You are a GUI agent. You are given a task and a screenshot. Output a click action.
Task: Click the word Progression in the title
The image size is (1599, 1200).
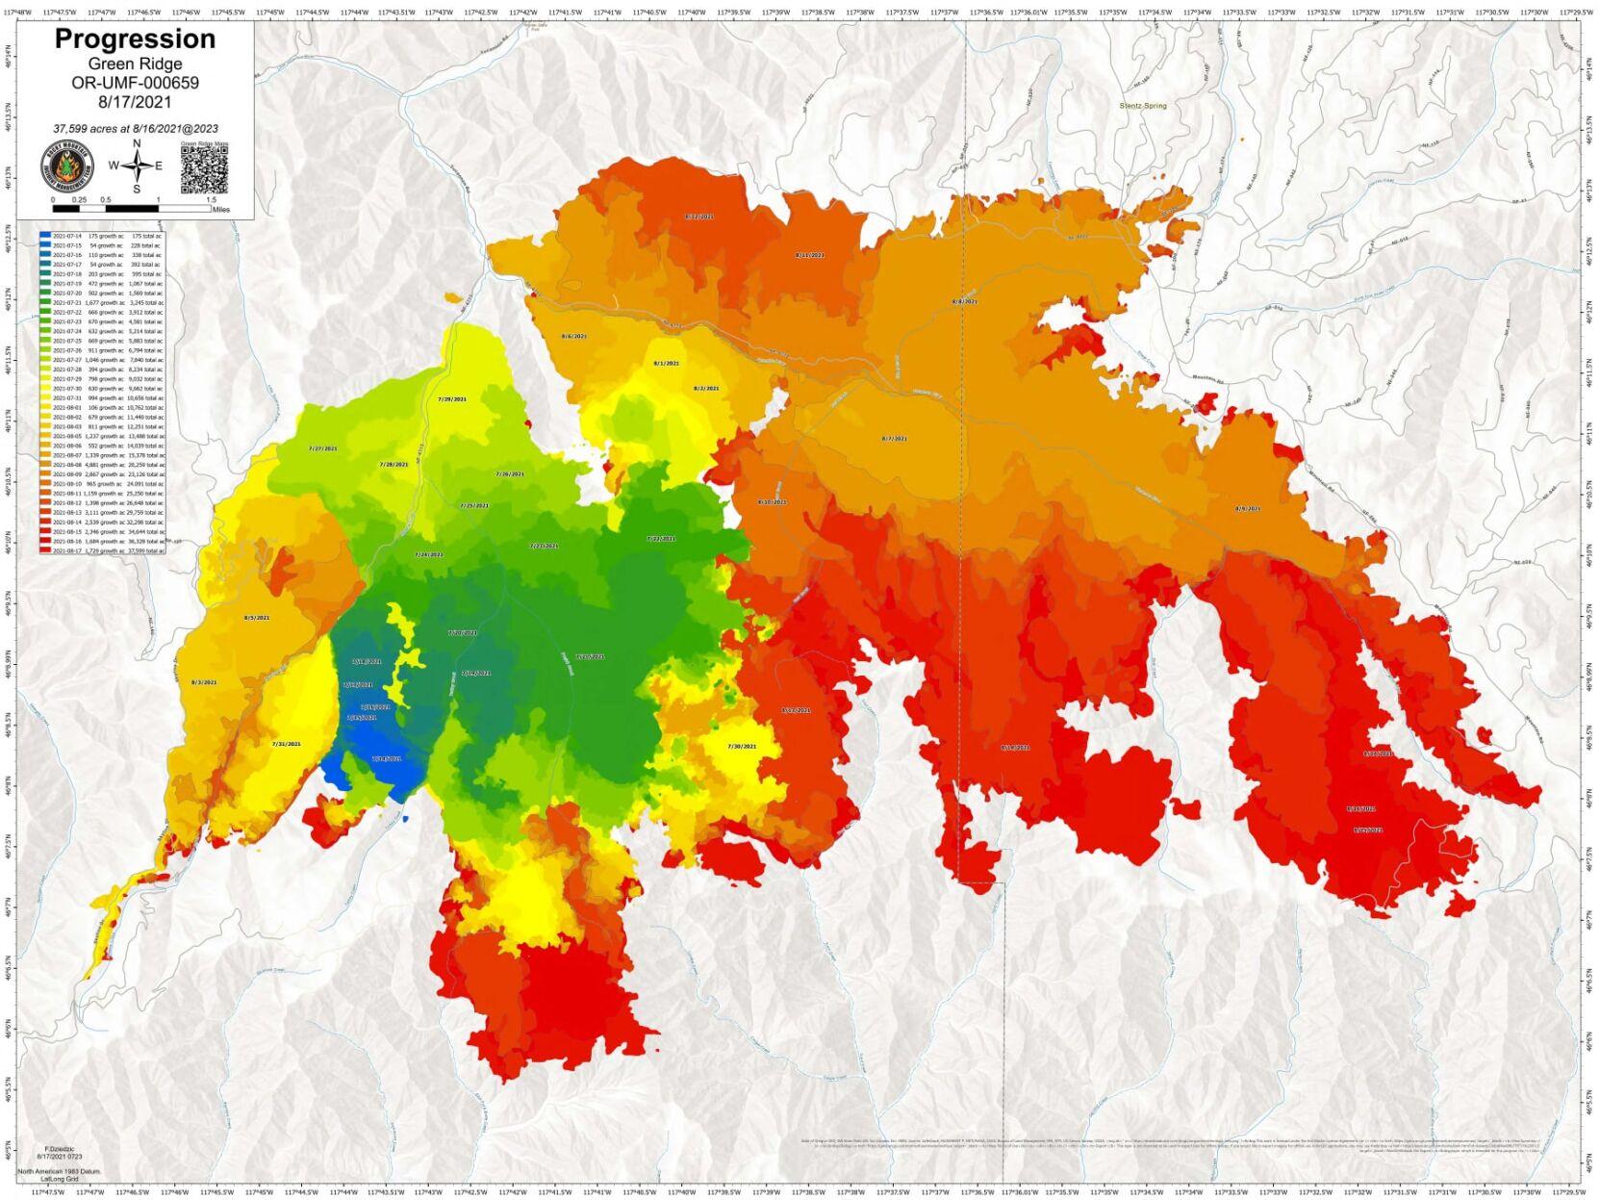tap(135, 39)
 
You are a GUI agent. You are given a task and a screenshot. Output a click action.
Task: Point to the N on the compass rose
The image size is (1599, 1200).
tap(137, 144)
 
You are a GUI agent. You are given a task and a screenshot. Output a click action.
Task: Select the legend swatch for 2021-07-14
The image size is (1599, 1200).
tap(45, 236)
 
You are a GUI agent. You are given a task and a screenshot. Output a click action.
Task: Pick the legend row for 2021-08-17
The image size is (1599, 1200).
tap(101, 550)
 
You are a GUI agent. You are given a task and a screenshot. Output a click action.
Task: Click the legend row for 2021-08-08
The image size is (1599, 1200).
tap(101, 465)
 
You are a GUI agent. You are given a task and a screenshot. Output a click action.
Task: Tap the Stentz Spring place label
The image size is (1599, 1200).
tap(1143, 106)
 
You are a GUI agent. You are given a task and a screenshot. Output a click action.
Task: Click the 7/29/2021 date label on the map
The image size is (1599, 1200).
tap(452, 398)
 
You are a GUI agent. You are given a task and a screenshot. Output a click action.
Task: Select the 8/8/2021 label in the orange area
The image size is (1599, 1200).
tap(964, 301)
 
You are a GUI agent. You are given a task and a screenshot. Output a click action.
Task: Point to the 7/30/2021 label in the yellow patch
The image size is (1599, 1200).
tap(742, 747)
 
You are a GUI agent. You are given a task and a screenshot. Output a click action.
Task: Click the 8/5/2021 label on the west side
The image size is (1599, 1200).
tap(257, 618)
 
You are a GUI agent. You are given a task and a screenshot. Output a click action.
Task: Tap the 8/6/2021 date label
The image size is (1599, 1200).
tap(573, 336)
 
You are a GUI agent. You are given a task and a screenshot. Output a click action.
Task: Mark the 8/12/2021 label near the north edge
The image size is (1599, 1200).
tap(699, 217)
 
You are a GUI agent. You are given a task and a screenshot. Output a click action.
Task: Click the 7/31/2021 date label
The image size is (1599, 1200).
tap(286, 744)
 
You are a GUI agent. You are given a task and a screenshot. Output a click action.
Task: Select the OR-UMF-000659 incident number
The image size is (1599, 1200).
tap(135, 83)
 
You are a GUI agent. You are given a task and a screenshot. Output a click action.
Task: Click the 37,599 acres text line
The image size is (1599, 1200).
tap(135, 128)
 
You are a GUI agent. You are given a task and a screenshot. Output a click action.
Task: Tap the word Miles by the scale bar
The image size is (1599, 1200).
tap(221, 209)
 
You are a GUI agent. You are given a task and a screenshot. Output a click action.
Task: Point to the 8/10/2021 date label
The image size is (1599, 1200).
tap(772, 502)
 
